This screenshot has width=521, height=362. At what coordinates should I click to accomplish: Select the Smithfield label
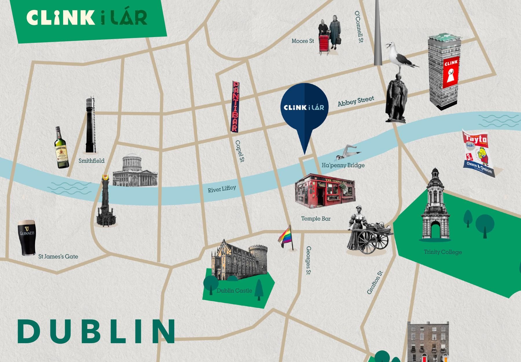(91, 160)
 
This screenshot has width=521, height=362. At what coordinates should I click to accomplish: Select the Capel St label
(240, 151)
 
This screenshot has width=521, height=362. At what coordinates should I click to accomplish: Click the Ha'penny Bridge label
(343, 165)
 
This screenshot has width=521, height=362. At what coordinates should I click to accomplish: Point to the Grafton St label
(375, 283)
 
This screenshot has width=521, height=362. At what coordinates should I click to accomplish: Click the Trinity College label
(443, 252)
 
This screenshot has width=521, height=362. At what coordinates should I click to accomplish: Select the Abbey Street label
(356, 102)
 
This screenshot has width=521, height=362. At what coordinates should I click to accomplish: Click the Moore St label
(303, 41)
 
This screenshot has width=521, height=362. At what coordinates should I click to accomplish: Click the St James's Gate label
(58, 256)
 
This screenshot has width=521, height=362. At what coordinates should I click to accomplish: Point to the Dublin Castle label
(234, 290)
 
